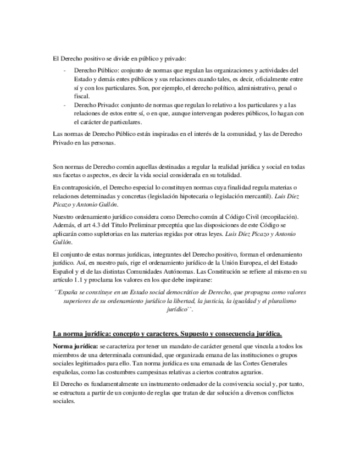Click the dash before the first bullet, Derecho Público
[x=65, y=71]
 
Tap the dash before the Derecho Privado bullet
[x=65, y=105]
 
